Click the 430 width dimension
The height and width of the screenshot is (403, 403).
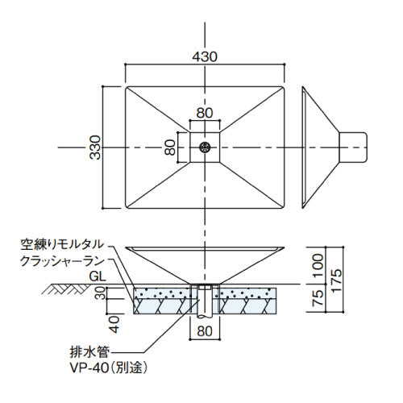click(205, 56)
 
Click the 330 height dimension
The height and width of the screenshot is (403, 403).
click(95, 147)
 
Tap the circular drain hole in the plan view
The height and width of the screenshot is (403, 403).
click(205, 147)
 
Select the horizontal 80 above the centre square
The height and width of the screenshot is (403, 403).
click(205, 113)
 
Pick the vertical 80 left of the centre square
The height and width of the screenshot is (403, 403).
click(170, 147)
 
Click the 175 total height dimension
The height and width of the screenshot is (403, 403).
click(336, 280)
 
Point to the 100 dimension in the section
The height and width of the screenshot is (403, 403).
click(318, 265)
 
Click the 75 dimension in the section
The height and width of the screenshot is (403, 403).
click(318, 297)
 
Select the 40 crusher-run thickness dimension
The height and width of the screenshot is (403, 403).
click(115, 325)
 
